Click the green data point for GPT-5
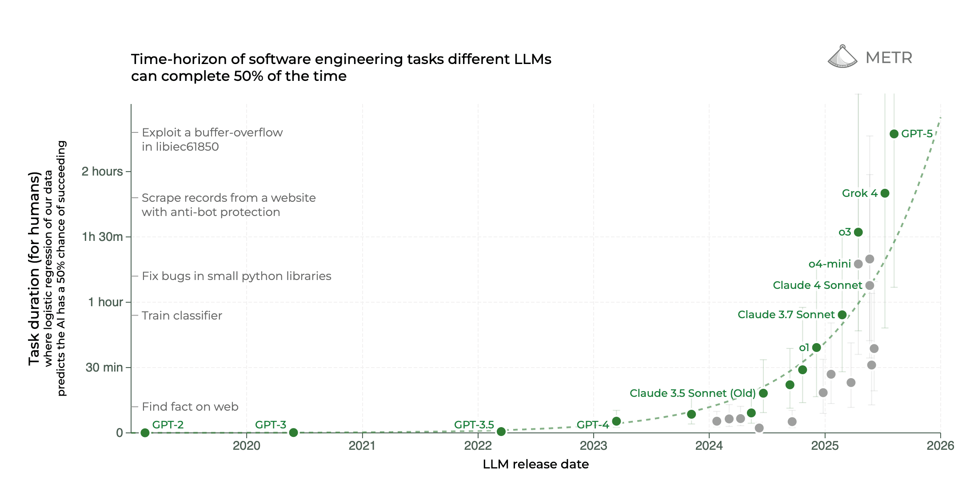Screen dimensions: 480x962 (894, 134)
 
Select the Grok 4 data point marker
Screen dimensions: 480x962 (885, 193)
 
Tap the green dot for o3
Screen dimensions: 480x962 (858, 232)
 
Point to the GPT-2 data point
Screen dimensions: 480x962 (145, 432)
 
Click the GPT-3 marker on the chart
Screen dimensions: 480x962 (293, 432)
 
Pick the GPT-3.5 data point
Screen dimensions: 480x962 (501, 432)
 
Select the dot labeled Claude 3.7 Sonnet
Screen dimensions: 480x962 (842, 315)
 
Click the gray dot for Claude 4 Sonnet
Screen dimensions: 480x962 (870, 285)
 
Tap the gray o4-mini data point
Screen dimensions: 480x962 (858, 264)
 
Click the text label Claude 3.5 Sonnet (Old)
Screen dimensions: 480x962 (692, 393)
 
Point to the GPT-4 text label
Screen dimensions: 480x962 (592, 425)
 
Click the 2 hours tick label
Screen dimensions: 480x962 (102, 172)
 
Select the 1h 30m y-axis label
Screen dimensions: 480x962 (102, 237)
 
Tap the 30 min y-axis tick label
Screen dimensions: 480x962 (104, 368)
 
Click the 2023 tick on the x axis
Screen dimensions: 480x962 (594, 445)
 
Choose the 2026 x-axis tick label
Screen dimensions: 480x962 (940, 445)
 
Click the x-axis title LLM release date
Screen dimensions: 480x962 (535, 464)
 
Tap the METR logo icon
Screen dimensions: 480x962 (842, 57)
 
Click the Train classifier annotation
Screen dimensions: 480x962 (182, 316)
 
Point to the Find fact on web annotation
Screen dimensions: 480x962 (190, 407)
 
